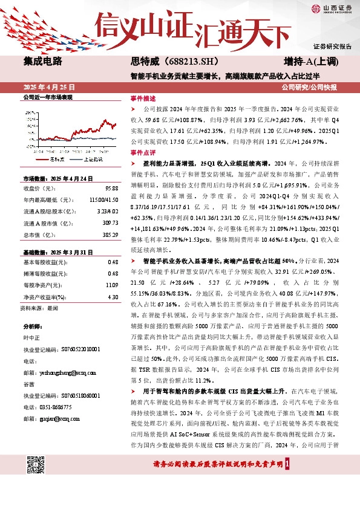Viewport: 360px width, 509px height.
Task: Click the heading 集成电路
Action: coord(42,61)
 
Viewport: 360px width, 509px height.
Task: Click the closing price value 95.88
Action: coord(112,187)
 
